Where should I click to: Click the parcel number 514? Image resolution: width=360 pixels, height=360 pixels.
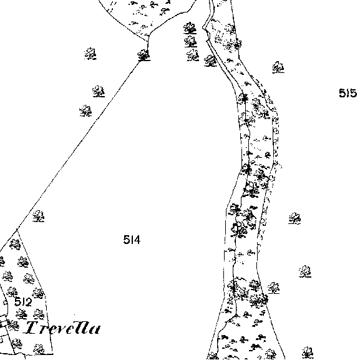pos(132,240)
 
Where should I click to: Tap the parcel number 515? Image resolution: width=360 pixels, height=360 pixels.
pos(348,93)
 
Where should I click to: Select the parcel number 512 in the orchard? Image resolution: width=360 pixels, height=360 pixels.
pos(23,302)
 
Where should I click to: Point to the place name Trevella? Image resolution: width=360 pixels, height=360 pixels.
pos(62,328)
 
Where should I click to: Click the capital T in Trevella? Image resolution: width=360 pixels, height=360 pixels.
pos(32,328)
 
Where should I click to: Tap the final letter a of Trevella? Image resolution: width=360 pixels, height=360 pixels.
pos(94,329)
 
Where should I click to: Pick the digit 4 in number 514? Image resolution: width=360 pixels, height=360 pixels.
pos(137,240)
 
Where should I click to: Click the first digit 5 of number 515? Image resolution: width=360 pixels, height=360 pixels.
pos(343,93)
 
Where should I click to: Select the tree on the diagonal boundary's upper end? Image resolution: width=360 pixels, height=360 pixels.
pos(144,56)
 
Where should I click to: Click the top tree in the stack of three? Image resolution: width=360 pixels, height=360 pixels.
pos(190,28)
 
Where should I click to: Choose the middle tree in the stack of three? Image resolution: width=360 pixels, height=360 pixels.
pos(190,42)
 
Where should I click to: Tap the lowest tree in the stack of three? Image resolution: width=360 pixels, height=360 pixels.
pos(193,55)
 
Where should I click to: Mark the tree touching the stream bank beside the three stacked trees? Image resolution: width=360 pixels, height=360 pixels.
pos(210,61)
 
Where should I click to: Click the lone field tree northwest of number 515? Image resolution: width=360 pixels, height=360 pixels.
pos(278,67)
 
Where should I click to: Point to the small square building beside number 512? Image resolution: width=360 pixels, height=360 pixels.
pos(5,303)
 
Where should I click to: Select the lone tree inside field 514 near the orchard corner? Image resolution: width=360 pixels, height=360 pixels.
pos(39,216)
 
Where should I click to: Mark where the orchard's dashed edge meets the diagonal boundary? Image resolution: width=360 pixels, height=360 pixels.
pos(17,230)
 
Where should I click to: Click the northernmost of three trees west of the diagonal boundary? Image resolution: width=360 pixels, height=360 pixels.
pos(90,54)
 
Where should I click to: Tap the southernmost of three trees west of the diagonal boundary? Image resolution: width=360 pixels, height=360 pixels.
pos(85,110)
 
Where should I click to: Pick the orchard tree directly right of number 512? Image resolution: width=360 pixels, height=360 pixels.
pos(38,293)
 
